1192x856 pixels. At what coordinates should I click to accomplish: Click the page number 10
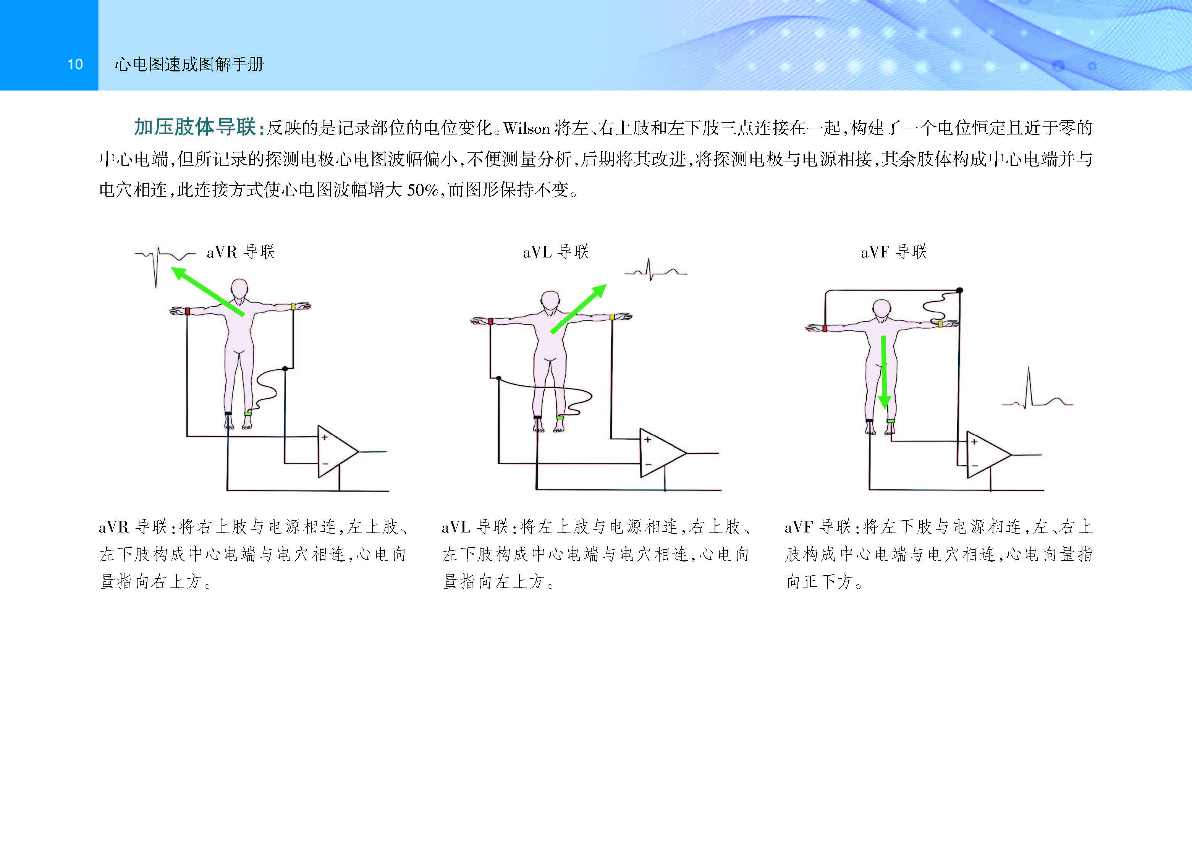pyautogui.click(x=75, y=64)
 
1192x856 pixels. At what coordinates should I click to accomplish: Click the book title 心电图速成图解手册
pyautogui.click(x=189, y=64)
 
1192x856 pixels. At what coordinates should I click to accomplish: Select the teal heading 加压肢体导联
pyautogui.click(x=194, y=127)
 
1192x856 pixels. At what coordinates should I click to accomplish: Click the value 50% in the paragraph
pyautogui.click(x=422, y=190)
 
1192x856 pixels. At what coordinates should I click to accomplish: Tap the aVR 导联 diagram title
pyautogui.click(x=241, y=252)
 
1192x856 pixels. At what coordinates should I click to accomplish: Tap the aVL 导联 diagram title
pyautogui.click(x=556, y=252)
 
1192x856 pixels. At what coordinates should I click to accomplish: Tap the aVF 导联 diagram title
pyautogui.click(x=894, y=252)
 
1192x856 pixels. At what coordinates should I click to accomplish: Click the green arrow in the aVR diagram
pyautogui.click(x=208, y=292)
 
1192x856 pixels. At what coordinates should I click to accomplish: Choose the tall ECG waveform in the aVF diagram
pyautogui.click(x=1036, y=392)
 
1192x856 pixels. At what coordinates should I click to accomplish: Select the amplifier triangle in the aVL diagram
pyautogui.click(x=659, y=453)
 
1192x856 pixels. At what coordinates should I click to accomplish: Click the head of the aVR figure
pyautogui.click(x=240, y=289)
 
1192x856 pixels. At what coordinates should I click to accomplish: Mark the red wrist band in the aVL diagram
pyautogui.click(x=490, y=321)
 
